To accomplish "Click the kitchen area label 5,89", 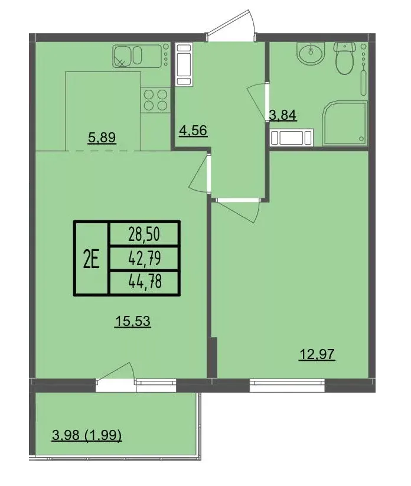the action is [102, 138].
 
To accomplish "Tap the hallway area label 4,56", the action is [193, 131].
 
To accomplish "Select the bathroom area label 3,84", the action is [283, 115].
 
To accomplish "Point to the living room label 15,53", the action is [133, 321].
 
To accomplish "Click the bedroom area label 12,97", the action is [317, 354].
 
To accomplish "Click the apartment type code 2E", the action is [92, 259].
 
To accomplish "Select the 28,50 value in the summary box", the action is [144, 234].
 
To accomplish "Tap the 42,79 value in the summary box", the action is [145, 258].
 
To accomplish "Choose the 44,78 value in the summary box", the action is [145, 282].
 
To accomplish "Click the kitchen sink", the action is [138, 56].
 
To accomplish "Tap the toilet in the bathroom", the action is [344, 58].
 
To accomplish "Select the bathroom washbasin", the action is [311, 54].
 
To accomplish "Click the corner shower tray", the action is [345, 123].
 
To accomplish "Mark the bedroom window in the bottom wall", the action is [287, 385].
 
